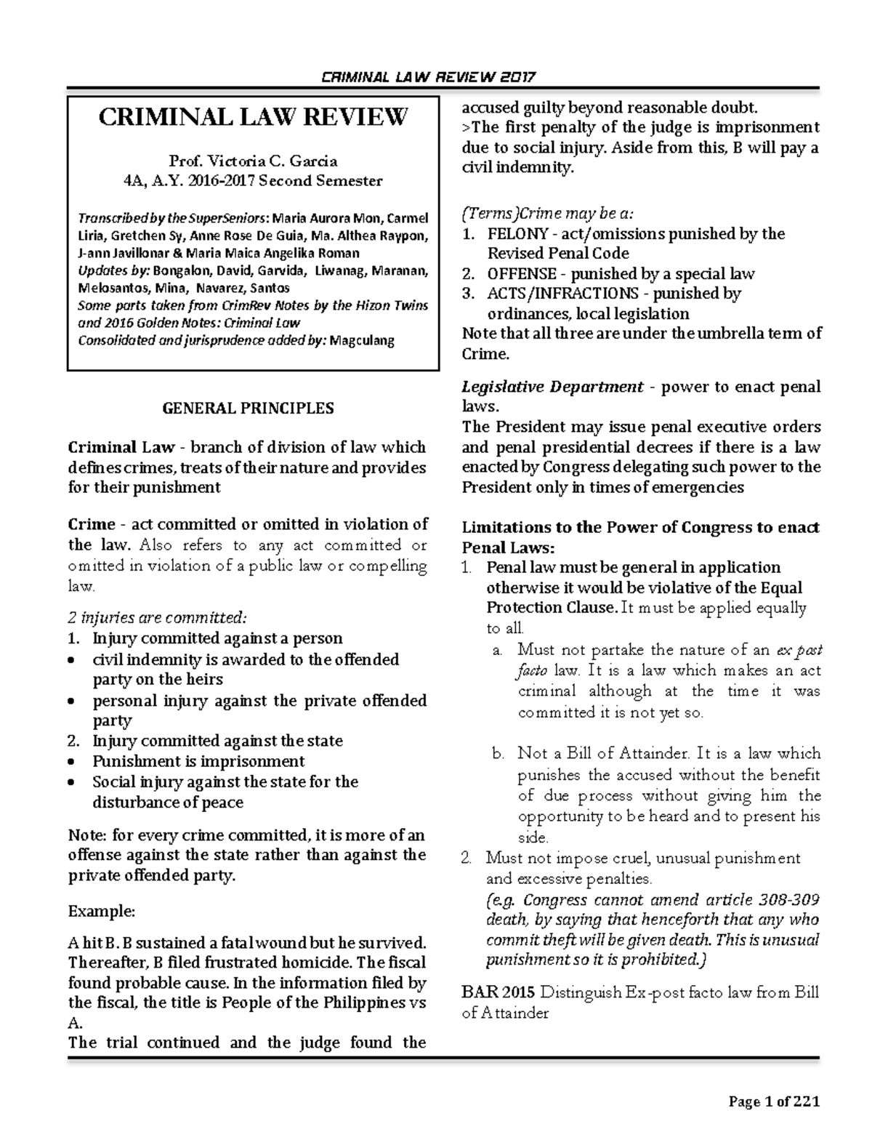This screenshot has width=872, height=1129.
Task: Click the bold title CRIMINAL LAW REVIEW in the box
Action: [x=253, y=117]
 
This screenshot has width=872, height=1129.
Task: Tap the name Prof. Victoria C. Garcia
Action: [x=253, y=161]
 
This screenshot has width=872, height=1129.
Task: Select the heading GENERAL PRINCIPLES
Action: [x=248, y=408]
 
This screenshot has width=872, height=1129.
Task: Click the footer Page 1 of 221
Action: [x=774, y=1101]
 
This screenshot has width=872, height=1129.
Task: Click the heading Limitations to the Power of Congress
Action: [x=640, y=528]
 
